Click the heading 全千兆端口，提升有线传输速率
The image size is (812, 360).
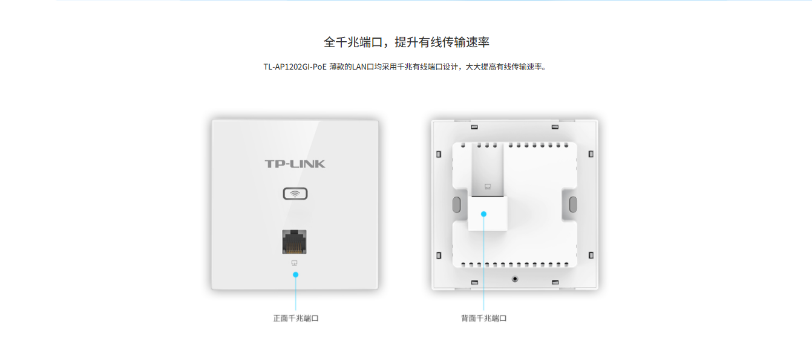pyautogui.click(x=406, y=42)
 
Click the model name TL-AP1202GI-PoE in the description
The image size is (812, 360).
pyautogui.click(x=295, y=67)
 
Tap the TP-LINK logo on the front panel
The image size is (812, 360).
pyautogui.click(x=295, y=164)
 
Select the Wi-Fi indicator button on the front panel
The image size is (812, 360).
pyautogui.click(x=295, y=194)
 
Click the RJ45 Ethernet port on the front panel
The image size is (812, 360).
pyautogui.click(x=295, y=241)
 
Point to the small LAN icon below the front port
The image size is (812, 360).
pyautogui.click(x=295, y=263)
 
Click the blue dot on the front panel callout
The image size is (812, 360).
pyautogui.click(x=295, y=275)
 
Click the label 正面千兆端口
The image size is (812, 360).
pyautogui.click(x=295, y=318)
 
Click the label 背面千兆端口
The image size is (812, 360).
pyautogui.click(x=483, y=318)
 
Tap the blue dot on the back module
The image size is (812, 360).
pyautogui.click(x=483, y=214)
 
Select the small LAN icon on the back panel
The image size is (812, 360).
pyautogui.click(x=488, y=186)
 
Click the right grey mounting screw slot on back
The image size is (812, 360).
pyautogui.click(x=572, y=203)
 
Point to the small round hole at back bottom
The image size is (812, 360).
pyautogui.click(x=515, y=279)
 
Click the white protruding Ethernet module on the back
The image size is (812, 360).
pyautogui.click(x=488, y=213)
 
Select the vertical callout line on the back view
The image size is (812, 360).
pyautogui.click(x=483, y=266)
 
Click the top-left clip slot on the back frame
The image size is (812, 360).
pyautogui.click(x=474, y=127)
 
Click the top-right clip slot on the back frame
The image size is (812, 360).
pyautogui.click(x=554, y=127)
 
